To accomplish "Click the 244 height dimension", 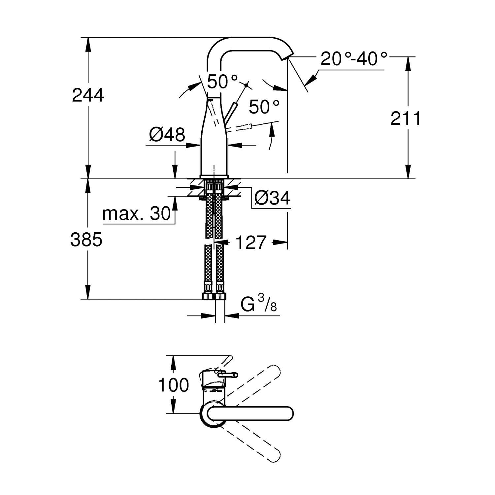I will (88, 95).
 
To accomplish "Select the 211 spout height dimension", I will (406, 118).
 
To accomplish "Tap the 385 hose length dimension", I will (86, 240).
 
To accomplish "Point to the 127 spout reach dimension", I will (251, 243).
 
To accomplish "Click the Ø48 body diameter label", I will (167, 135).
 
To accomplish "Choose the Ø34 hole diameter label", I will (272, 198).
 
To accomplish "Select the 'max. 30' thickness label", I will (136, 214).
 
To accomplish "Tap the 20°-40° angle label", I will (354, 59).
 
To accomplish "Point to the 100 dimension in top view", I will (174, 385).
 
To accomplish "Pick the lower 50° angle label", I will (264, 107).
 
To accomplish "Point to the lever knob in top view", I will (227, 375).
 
